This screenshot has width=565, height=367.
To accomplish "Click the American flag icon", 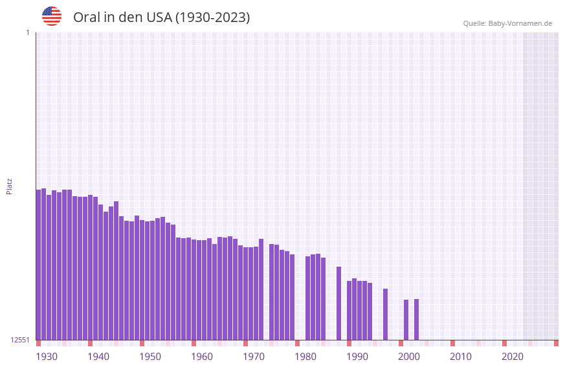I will [52, 16].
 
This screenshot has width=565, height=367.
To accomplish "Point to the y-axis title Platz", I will [9, 186].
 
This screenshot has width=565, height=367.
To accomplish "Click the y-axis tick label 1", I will [27, 32].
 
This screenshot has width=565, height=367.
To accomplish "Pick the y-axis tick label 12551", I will [20, 340].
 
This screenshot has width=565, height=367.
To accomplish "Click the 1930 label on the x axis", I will [47, 357].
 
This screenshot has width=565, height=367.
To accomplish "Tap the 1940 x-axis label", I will [98, 357].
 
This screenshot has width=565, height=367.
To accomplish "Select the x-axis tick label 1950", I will [150, 357].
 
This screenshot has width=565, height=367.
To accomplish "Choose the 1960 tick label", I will [202, 357].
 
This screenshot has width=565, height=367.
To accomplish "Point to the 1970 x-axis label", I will [254, 357].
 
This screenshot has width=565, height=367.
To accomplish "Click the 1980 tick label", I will [305, 357].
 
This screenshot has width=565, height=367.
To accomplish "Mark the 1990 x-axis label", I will [357, 357].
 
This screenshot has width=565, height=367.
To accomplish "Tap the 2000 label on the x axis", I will [409, 357].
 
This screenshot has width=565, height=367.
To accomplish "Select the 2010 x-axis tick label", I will [461, 357].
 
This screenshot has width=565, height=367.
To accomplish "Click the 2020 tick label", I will [513, 357].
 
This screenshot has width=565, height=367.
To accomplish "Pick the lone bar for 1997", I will [385, 314].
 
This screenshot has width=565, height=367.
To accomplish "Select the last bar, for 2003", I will [416, 319].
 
